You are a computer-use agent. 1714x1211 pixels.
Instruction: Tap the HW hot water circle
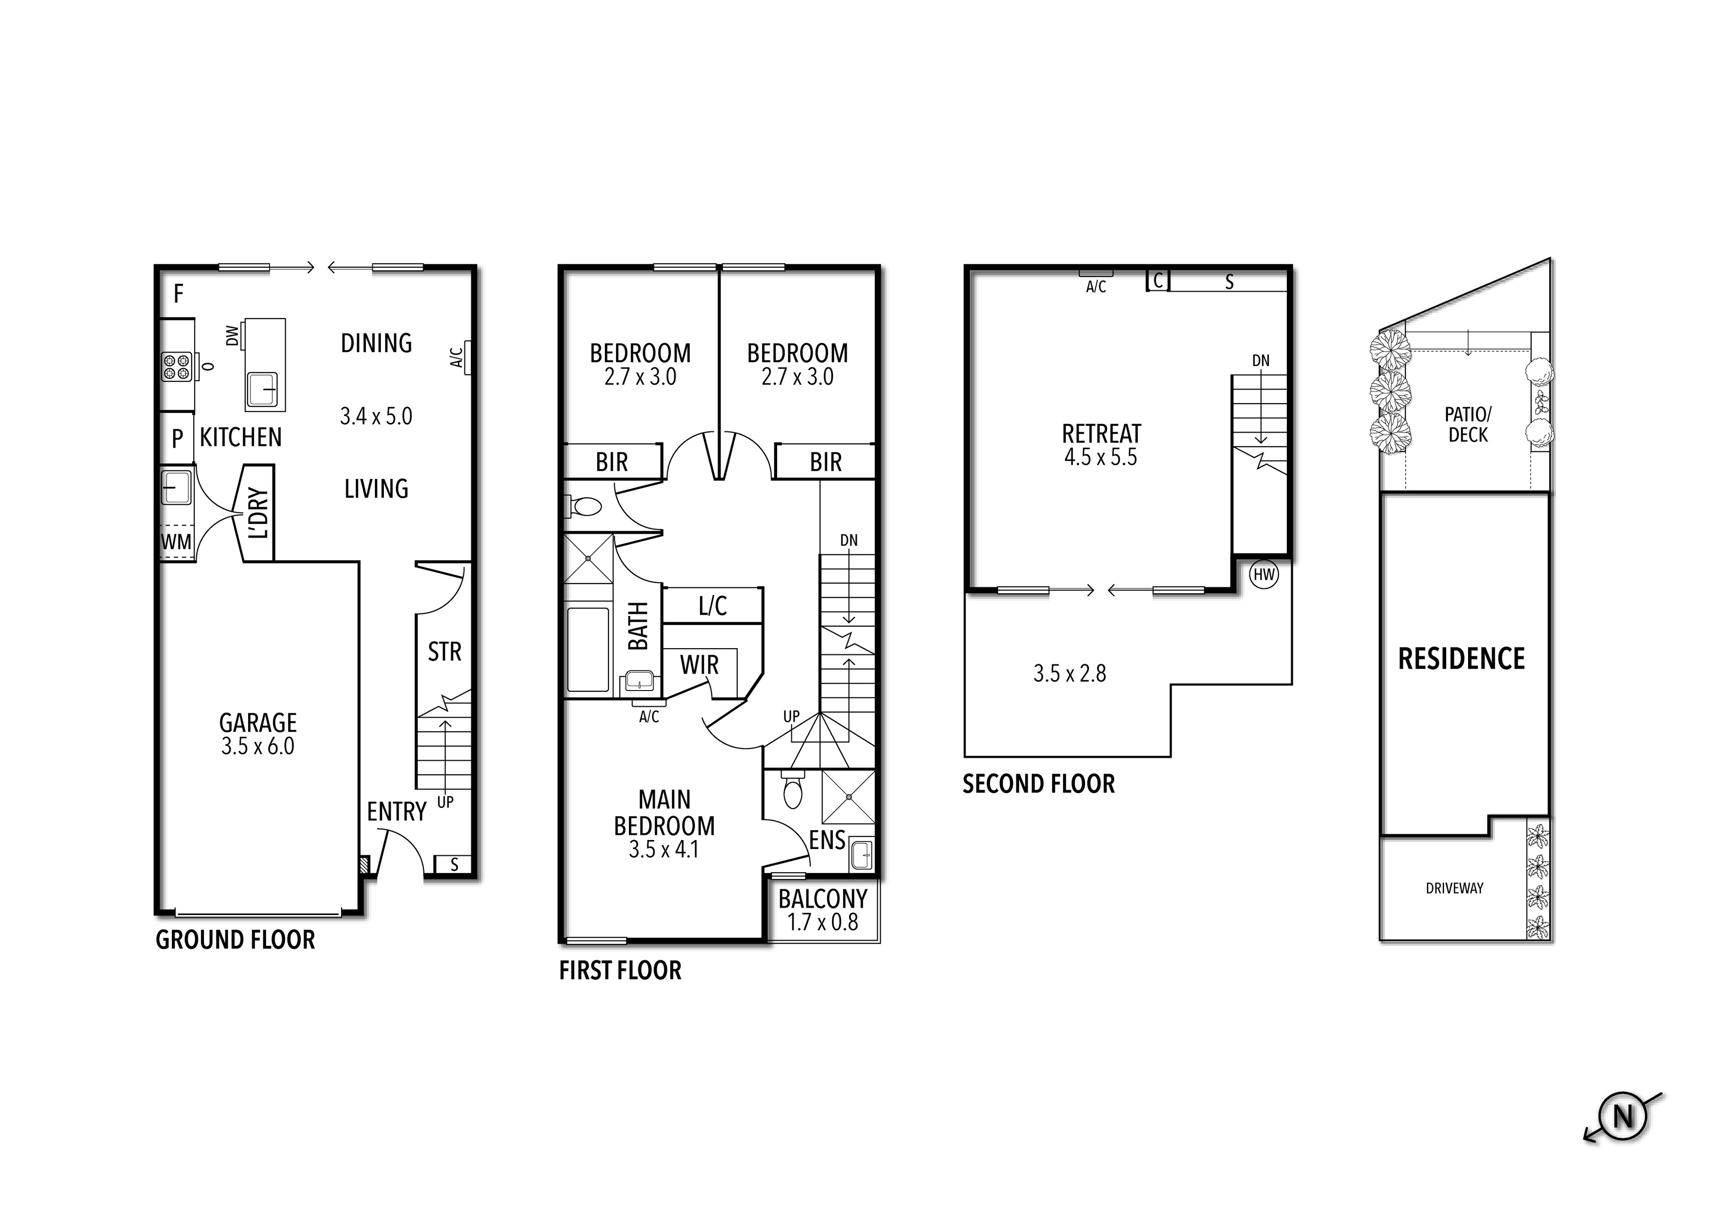[1264, 575]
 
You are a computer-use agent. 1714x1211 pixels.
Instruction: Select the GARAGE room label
[258, 723]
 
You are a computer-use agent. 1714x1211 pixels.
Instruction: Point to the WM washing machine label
[176, 541]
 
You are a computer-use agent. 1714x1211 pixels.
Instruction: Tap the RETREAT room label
[1102, 434]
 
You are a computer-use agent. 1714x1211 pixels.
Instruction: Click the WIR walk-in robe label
[699, 665]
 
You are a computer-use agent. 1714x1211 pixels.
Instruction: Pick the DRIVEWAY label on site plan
[1454, 888]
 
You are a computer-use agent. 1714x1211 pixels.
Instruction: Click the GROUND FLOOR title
[235, 940]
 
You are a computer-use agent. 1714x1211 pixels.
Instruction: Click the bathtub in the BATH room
[588, 649]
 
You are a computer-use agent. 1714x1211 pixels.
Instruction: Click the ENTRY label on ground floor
[396, 811]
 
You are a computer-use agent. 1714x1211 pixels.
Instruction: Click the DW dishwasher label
[232, 336]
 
